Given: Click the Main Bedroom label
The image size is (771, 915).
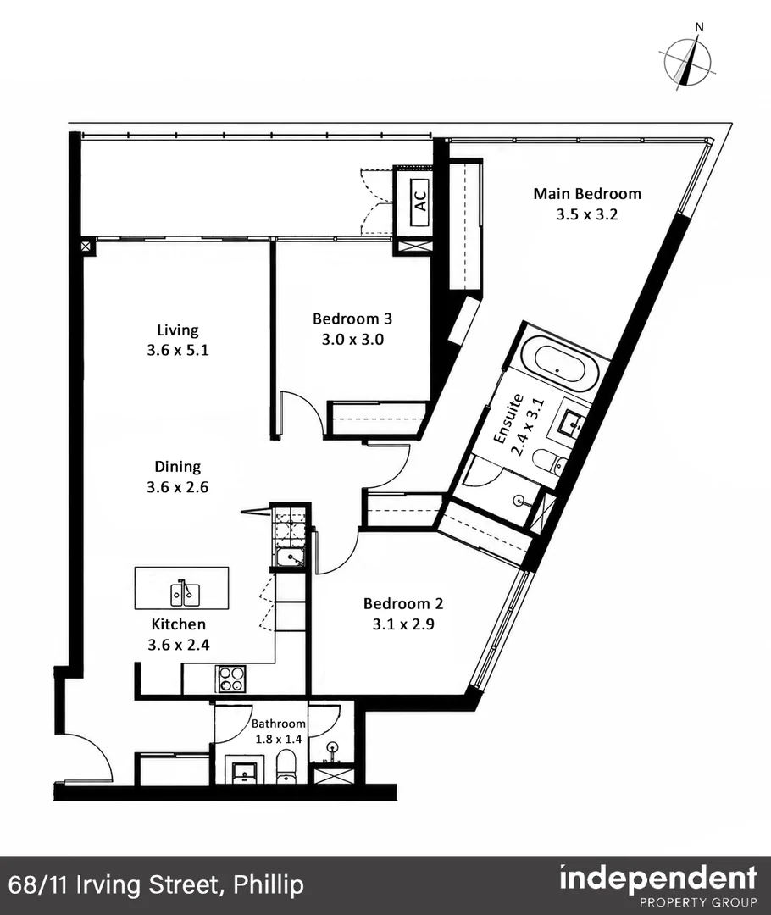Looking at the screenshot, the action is coord(587,193).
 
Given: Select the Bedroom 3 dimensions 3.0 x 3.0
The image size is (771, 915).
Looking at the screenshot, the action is coord(352,340).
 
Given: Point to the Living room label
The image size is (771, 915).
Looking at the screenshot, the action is coord(177,330).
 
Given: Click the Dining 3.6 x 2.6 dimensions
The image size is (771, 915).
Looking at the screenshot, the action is coord(177,487).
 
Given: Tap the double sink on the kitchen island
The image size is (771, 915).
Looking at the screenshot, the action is coord(185,593).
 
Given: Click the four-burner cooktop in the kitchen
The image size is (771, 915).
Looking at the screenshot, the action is coord(231,679).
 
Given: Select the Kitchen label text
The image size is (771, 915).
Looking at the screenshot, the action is coord(178,624).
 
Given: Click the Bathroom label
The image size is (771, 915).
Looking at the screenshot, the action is coord(279,724).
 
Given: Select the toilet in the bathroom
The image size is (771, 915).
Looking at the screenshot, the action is coord(286,766).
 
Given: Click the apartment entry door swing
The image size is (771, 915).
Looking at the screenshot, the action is coord(87,757).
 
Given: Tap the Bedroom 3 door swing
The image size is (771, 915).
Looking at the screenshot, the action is coord(301,413).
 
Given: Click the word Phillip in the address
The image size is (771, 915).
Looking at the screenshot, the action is coord(269,884).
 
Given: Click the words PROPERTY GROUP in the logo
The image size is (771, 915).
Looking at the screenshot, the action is coord(699,902).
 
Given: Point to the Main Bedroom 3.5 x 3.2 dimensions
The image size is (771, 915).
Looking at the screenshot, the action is coord(586,214).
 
